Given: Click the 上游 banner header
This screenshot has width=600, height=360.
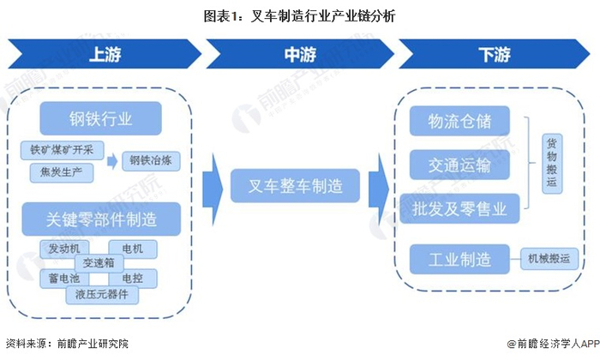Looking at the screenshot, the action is [x=104, y=54].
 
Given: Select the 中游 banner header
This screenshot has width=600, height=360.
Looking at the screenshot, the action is [x=300, y=54].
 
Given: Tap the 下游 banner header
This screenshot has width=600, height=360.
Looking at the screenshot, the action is [x=494, y=54].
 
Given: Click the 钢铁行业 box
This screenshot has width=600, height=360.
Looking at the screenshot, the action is [x=100, y=118].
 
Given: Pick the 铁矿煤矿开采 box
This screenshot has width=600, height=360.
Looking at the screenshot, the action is [x=62, y=150].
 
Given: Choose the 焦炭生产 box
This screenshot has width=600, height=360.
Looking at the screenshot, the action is [x=62, y=172].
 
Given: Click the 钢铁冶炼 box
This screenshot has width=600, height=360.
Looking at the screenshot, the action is [x=151, y=160].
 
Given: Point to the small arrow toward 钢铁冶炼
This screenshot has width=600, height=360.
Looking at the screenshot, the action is [x=112, y=161].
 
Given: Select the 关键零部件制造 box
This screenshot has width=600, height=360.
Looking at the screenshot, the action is [x=101, y=219].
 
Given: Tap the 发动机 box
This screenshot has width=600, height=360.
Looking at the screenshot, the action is [x=64, y=249].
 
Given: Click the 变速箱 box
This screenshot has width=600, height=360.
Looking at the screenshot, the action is [x=99, y=263].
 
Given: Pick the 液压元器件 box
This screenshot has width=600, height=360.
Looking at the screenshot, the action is [x=102, y=295].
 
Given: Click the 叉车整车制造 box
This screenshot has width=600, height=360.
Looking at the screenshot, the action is [x=295, y=186].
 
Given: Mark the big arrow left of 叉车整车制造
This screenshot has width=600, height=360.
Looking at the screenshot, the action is [x=213, y=189].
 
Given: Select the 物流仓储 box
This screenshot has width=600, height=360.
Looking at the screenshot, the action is [x=459, y=121].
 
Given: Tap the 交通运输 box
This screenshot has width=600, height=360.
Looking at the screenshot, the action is [x=459, y=165].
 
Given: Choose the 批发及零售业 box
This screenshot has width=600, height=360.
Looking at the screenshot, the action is [x=459, y=209].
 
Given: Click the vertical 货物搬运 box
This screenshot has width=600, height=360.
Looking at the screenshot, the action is [x=552, y=164].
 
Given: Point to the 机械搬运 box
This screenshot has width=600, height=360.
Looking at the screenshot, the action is [x=549, y=259].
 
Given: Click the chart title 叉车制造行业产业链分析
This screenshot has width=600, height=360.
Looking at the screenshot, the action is [x=299, y=16].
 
